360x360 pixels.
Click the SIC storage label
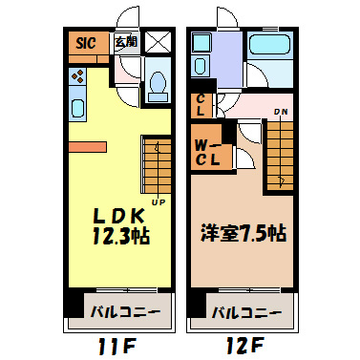83,44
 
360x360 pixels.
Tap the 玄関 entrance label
124,42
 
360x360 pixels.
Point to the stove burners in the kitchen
77,76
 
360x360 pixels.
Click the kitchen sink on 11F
77,106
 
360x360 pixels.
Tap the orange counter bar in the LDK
86,146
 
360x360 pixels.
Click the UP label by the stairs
157,201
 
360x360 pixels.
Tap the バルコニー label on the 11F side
125,311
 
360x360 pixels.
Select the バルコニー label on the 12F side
245,311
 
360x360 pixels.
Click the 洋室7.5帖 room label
242,232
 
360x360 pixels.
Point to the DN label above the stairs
281,113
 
